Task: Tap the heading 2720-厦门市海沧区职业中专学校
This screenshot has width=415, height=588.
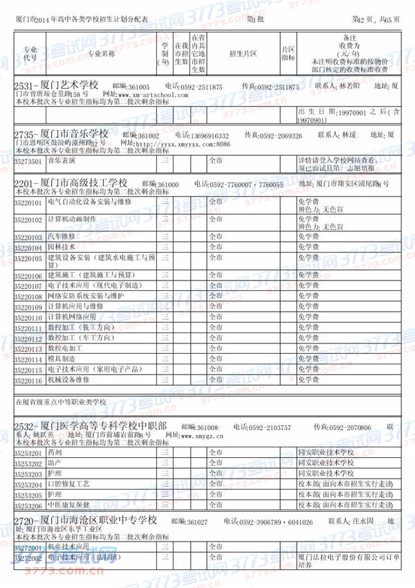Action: (x=85, y=520)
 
